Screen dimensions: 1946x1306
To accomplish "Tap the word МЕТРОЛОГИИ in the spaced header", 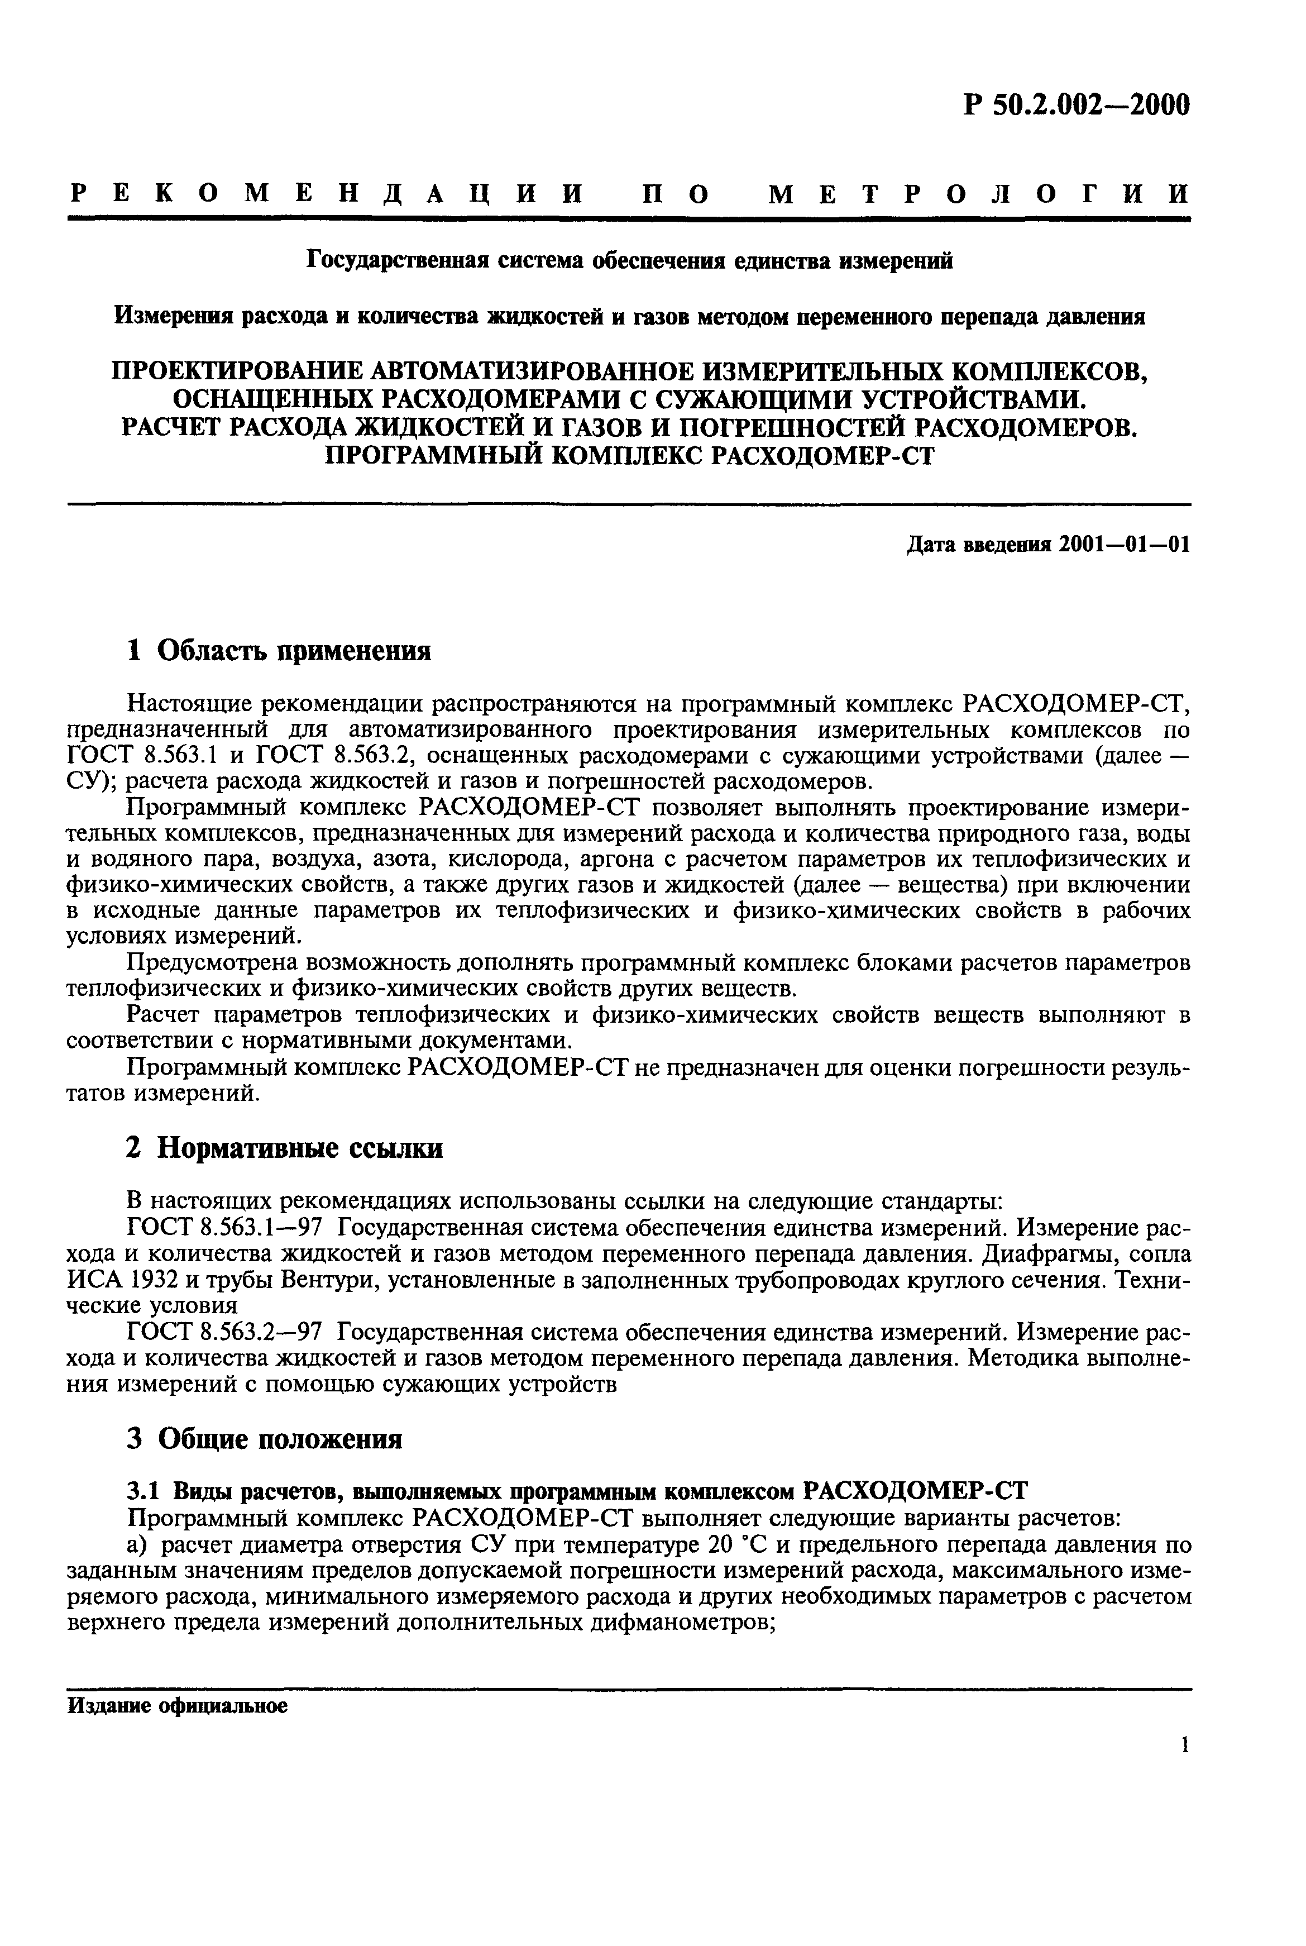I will click(979, 194).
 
